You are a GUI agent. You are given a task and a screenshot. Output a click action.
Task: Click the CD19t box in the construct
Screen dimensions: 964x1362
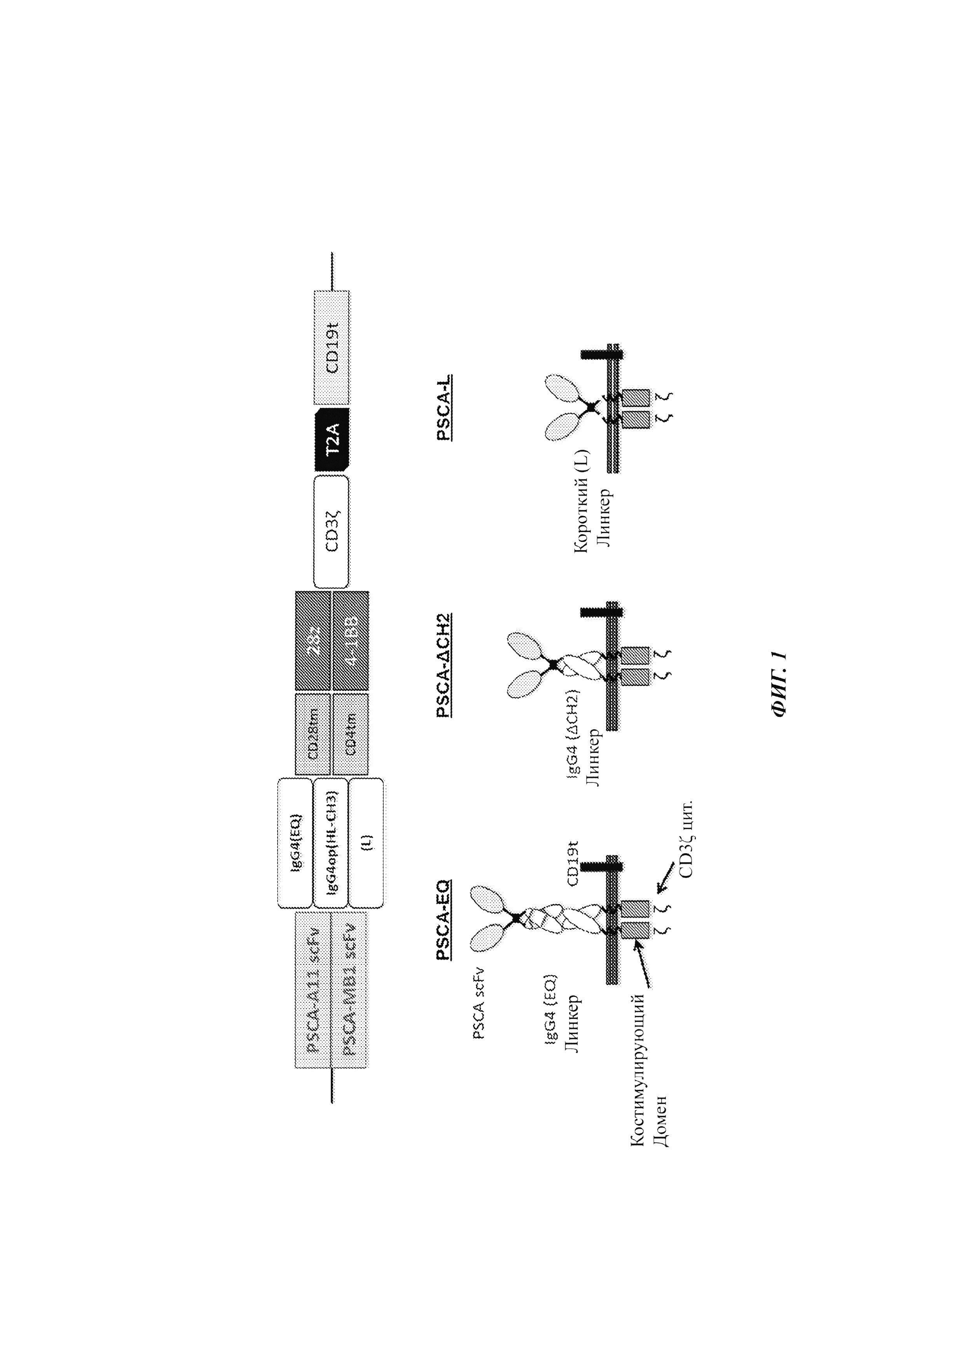click(x=331, y=348)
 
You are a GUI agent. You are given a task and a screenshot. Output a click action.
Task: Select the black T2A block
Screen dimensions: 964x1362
click(x=332, y=440)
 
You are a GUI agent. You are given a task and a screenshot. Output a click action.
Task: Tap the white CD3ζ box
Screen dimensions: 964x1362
click(x=331, y=531)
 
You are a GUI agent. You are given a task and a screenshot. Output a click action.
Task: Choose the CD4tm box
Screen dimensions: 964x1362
click(x=351, y=734)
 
